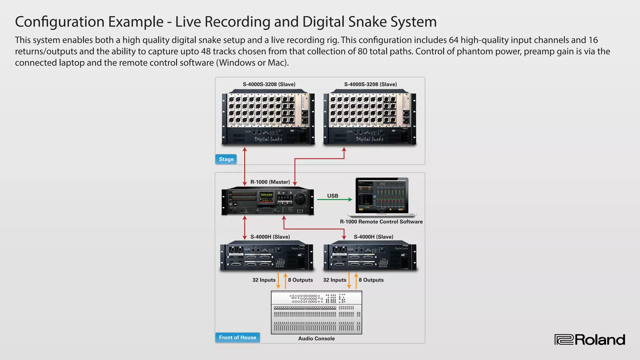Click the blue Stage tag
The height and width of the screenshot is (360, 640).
pyautogui.click(x=226, y=159)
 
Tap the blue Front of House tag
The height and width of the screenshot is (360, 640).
pyautogui.click(x=237, y=337)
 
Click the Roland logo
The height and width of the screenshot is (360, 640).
pyautogui.click(x=590, y=340)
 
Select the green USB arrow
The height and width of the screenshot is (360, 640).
pyautogui.click(x=334, y=199)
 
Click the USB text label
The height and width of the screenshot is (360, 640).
pyautogui.click(x=332, y=196)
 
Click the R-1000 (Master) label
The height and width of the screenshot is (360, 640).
pyautogui.click(x=270, y=182)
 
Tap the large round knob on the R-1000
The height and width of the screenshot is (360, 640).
pyautogui.click(x=300, y=198)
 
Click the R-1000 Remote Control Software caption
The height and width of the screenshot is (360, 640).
pyautogui.click(x=381, y=222)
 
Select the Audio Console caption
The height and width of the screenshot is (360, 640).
pyautogui.click(x=316, y=338)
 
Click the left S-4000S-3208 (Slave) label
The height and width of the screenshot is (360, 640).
pyautogui.click(x=269, y=84)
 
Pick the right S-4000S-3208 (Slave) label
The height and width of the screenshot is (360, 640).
pyautogui.click(x=371, y=84)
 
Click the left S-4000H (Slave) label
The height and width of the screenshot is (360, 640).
pyautogui.click(x=270, y=237)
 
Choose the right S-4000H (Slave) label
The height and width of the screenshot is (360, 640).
pyautogui.click(x=373, y=237)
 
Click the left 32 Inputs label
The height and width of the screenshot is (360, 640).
pyautogui.click(x=264, y=280)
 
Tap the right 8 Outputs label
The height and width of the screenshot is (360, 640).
pyautogui.click(x=371, y=280)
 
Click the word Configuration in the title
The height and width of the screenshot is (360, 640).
pyautogui.click(x=59, y=22)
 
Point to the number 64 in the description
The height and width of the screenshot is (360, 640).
pyautogui.click(x=453, y=40)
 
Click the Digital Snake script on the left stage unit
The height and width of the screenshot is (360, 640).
pyautogui.click(x=268, y=139)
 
